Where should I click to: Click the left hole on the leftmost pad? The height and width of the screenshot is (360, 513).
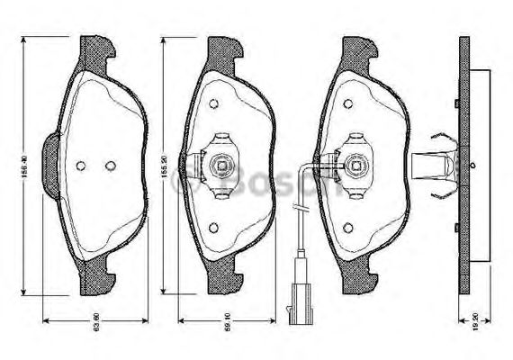81,166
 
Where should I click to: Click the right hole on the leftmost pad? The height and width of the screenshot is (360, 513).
111,166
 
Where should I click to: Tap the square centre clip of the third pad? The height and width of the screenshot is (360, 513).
353,165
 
